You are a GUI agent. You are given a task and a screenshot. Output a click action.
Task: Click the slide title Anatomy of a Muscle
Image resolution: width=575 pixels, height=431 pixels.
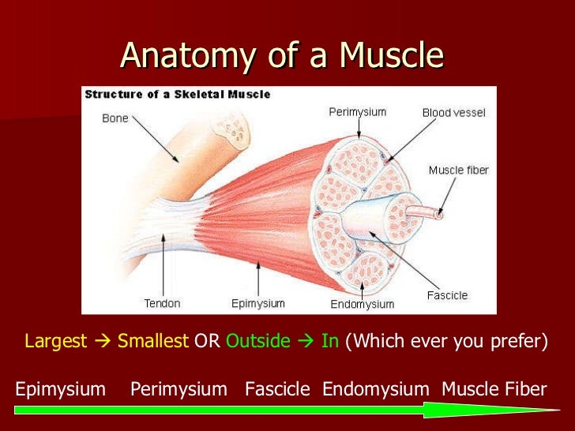[282, 55]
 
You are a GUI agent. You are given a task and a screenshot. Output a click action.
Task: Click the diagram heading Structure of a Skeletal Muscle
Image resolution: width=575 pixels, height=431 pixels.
[178, 94]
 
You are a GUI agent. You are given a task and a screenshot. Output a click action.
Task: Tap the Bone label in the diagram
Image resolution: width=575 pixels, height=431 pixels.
[115, 118]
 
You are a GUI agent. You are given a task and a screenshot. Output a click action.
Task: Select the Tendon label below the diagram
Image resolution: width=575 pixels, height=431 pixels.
[162, 303]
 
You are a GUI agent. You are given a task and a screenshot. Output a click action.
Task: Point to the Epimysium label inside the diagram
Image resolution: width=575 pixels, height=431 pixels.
[257, 303]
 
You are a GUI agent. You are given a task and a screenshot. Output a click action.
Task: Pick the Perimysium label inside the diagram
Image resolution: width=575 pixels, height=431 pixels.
[357, 112]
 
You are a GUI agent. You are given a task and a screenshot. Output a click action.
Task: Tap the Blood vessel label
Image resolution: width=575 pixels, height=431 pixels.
[454, 113]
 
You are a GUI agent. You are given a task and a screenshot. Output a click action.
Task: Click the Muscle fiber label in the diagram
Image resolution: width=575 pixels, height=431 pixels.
[458, 171]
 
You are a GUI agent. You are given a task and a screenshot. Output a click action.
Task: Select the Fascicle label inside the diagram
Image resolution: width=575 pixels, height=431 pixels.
[447, 295]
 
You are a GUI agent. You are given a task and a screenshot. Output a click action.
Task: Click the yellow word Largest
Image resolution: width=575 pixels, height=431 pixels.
[55, 341]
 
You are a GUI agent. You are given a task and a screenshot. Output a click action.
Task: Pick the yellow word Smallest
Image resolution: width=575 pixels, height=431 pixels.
[153, 341]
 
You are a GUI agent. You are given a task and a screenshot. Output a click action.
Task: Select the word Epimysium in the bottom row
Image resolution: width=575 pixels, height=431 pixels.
[60, 388]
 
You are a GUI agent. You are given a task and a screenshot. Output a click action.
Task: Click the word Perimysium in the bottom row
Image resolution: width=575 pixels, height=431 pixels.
[179, 388]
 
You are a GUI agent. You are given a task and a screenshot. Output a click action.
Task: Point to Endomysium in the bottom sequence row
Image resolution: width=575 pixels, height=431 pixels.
[376, 388]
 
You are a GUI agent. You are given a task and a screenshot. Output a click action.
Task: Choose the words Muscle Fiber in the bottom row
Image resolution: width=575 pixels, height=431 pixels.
[494, 388]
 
